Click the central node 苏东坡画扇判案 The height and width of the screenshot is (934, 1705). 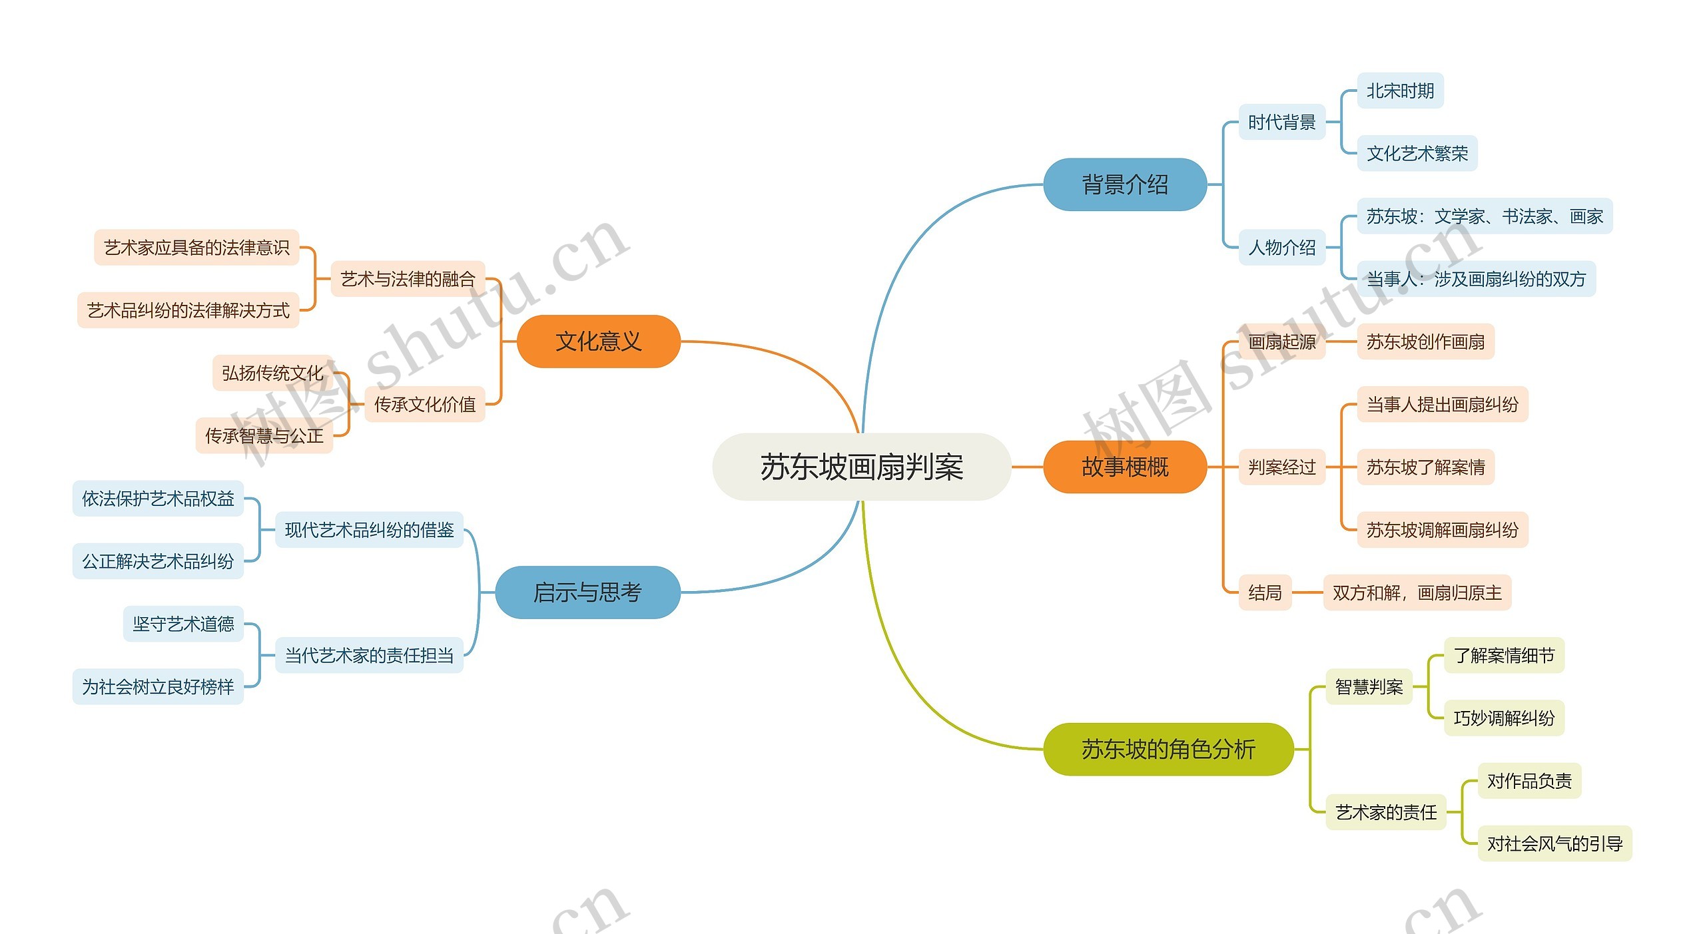[x=861, y=467]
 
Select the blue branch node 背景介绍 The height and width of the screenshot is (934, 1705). [x=1124, y=184]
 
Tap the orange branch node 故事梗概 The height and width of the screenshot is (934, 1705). [x=1124, y=467]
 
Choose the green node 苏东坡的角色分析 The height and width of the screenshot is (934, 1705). [x=1168, y=749]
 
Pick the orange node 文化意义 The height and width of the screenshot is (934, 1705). [x=598, y=342]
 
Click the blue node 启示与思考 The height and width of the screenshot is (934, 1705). [x=587, y=592]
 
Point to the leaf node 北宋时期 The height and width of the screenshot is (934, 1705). [x=1400, y=91]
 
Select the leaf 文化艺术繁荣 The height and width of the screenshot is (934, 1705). [x=1417, y=153]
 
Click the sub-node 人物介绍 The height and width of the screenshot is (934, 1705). [x=1281, y=248]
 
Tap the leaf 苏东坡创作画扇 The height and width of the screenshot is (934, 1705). [x=1425, y=342]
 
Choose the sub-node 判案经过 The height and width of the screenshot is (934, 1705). [x=1281, y=467]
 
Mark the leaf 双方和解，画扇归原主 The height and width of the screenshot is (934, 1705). [x=1417, y=592]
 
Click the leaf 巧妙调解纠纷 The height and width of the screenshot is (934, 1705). [x=1503, y=718]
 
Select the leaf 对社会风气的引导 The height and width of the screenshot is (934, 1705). [x=1554, y=843]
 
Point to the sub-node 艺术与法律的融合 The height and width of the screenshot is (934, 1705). [x=408, y=279]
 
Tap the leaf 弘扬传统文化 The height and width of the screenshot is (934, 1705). [x=272, y=373]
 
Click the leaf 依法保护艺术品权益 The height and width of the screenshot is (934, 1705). [x=158, y=499]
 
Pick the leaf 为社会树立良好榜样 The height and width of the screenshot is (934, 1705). [x=158, y=686]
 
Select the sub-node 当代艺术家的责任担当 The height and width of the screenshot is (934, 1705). [x=369, y=655]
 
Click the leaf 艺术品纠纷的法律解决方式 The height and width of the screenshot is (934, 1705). [x=188, y=310]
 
